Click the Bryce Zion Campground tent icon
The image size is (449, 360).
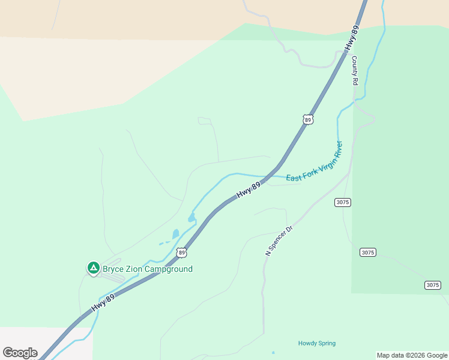tap(93, 268)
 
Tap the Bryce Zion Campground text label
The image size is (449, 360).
tap(148, 269)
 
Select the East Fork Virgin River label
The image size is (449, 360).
tap(314, 162)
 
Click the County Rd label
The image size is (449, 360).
tap(355, 70)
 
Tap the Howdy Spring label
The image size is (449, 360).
tap(317, 343)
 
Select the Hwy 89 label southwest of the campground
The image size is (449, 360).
tap(103, 301)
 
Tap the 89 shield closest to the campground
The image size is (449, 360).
tap(181, 253)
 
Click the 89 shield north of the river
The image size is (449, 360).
tap(308, 120)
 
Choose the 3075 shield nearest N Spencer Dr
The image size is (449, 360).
tap(342, 202)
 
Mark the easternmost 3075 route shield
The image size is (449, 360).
tap(432, 285)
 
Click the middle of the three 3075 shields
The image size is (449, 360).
tap(367, 253)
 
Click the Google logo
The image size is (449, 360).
tap(20, 353)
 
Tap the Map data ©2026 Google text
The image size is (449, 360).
tap(412, 355)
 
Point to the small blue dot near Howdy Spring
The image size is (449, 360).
tap(273, 353)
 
